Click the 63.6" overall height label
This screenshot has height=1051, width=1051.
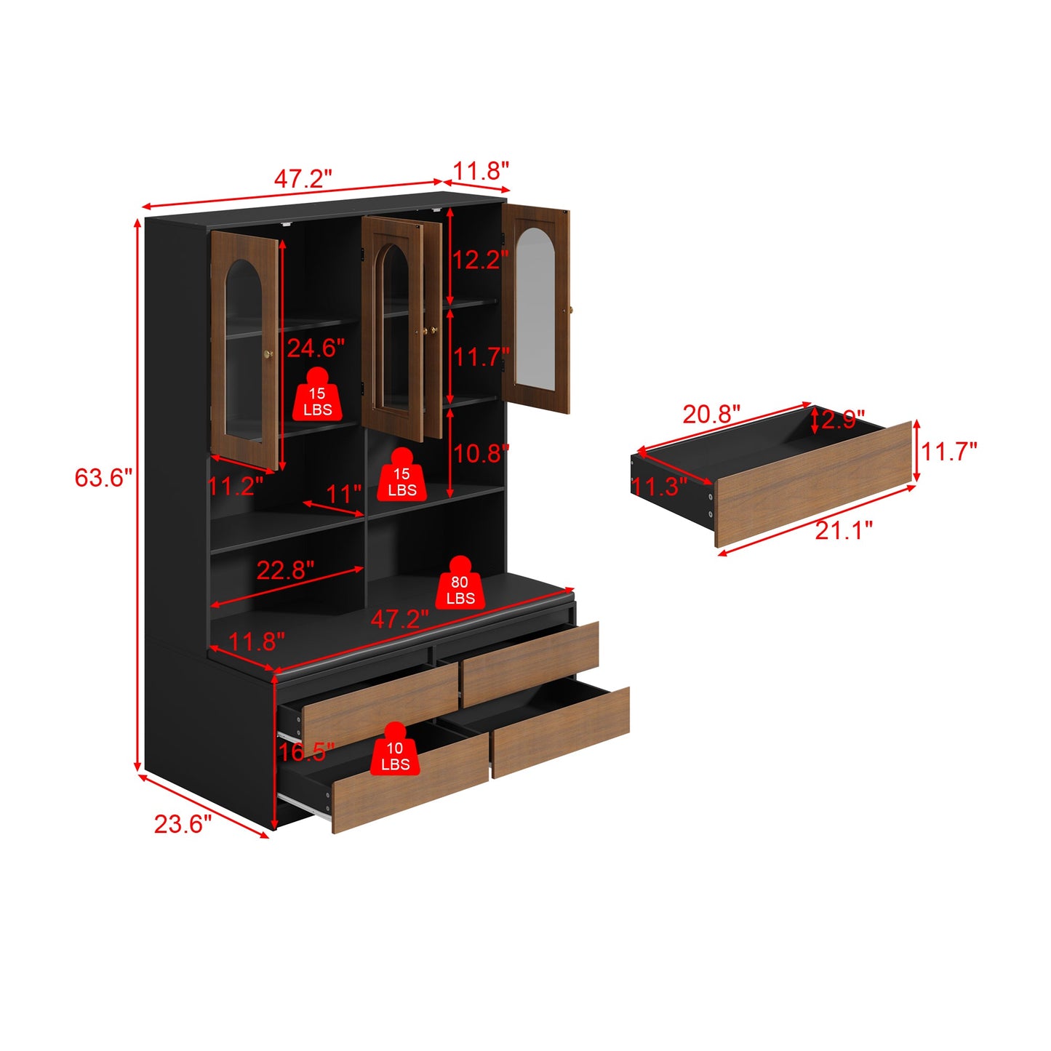[104, 478]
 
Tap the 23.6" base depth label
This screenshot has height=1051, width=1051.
[183, 824]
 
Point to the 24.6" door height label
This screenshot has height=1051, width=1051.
[316, 348]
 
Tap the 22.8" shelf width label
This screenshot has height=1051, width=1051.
[285, 570]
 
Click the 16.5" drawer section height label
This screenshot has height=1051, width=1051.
[306, 751]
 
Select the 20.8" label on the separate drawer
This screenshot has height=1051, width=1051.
[711, 414]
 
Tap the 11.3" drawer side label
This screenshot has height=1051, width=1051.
[659, 486]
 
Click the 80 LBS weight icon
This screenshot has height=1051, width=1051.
[460, 583]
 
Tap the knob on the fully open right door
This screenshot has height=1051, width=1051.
[572, 311]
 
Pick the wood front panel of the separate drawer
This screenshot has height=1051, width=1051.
[812, 484]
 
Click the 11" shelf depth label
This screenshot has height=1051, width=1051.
[343, 495]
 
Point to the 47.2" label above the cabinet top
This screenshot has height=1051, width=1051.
[303, 178]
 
